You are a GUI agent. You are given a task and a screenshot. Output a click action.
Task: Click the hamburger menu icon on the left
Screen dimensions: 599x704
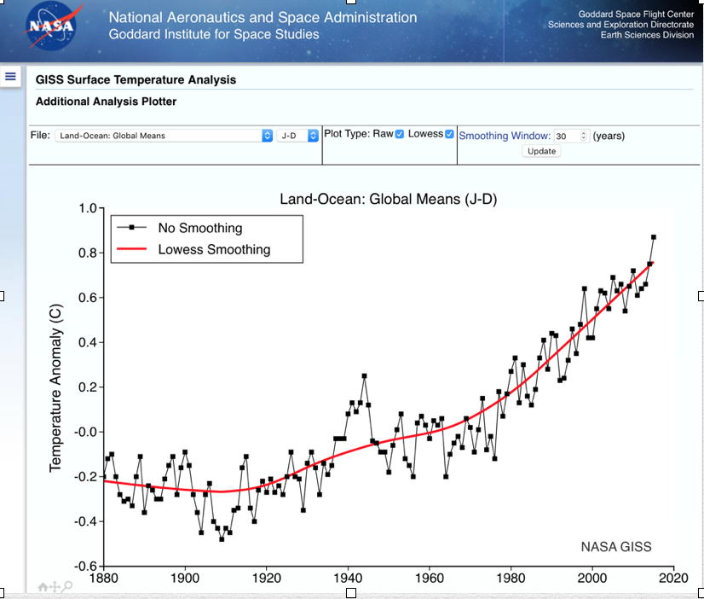pos(11,76)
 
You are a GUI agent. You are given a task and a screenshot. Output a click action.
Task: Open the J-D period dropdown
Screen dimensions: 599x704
pos(298,136)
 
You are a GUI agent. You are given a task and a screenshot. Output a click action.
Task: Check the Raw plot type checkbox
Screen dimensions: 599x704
pos(399,135)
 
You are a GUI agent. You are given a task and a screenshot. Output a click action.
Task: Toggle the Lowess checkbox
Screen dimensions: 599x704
pos(449,135)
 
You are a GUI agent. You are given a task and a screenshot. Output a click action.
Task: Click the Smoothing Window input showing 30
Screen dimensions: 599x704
pos(568,136)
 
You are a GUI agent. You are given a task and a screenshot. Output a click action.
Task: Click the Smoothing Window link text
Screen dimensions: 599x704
pos(505,136)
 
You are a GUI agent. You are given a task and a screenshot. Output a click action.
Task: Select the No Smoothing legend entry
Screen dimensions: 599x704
pos(199,228)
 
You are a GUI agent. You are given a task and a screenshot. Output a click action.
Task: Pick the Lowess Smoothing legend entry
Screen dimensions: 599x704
pos(213,250)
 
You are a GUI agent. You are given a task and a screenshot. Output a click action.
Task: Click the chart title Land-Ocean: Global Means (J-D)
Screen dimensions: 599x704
pos(388,199)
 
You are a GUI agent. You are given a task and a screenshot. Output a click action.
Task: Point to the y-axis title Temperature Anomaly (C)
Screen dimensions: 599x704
pos(56,389)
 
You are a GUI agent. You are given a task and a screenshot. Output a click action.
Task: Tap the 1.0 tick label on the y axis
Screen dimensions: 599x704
pos(86,209)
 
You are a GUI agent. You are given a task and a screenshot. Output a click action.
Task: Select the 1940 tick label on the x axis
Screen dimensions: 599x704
pos(348,578)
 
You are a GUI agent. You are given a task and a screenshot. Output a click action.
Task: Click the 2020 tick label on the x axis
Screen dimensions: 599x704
pos(673,578)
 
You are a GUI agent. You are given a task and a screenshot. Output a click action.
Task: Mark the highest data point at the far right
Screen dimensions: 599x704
pos(654,237)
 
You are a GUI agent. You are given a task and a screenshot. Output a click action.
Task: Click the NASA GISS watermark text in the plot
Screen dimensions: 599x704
pos(615,547)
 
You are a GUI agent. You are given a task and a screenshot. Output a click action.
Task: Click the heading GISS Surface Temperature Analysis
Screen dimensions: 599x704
pos(136,79)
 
